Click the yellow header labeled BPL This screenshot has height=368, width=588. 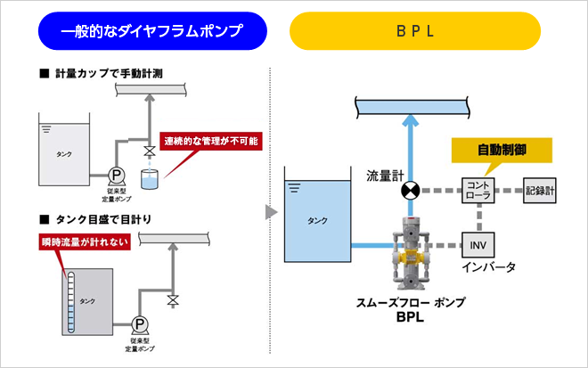point(415,32)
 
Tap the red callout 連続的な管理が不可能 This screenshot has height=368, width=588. point(214,141)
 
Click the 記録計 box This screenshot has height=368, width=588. point(541,190)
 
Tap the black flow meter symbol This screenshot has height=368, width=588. point(410,190)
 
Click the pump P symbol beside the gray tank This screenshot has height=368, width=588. point(139,323)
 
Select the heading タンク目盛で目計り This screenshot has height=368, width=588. point(104,217)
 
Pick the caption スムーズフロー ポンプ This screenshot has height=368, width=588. point(408,303)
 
